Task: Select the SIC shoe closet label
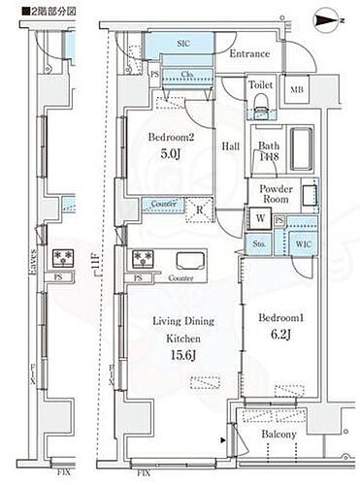183,45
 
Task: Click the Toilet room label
261,85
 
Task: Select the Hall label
230,146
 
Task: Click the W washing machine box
260,217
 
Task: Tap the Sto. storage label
259,243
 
